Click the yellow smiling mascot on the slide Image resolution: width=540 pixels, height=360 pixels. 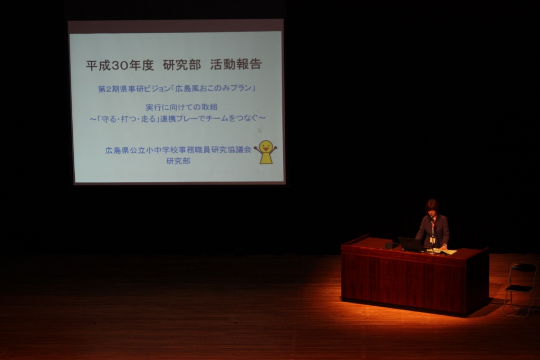pyautogui.click(x=266, y=152)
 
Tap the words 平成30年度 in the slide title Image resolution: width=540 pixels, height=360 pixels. pyautogui.click(x=120, y=65)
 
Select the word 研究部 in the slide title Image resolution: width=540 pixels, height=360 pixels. pyautogui.click(x=182, y=65)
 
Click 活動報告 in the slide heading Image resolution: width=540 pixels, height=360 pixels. pyautogui.click(x=236, y=64)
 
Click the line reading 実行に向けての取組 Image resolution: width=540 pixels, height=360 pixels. pyautogui.click(x=181, y=107)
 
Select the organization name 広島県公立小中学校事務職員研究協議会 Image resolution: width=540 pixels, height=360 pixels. pyautogui.click(x=178, y=150)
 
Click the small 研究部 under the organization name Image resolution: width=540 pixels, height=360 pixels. pyautogui.click(x=178, y=161)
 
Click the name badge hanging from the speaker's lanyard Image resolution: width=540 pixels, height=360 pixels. pyautogui.click(x=432, y=239)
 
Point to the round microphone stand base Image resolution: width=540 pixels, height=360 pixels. pyautogui.click(x=432, y=252)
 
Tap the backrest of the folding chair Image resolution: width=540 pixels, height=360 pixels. pyautogui.click(x=524, y=267)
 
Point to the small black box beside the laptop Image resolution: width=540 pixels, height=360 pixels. pyautogui.click(x=389, y=246)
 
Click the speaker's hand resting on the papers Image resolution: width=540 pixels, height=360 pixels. pyautogui.click(x=443, y=247)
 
